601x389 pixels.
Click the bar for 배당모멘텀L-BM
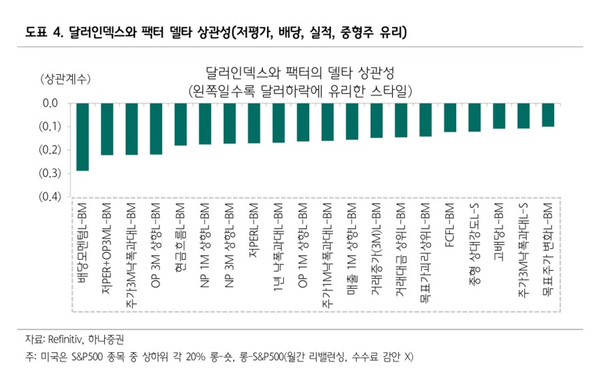click(x=83, y=137)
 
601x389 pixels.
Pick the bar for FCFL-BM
click(x=450, y=117)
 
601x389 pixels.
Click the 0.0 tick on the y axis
click(x=51, y=103)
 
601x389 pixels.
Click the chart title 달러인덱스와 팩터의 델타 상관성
click(x=300, y=72)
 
